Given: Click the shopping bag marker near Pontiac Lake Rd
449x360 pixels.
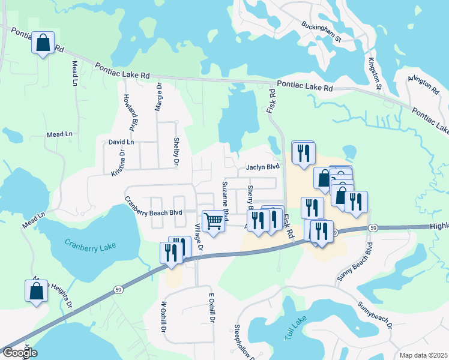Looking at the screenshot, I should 43,43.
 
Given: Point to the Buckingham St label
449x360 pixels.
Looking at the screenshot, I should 321,33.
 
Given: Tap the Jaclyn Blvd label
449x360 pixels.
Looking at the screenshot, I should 263,167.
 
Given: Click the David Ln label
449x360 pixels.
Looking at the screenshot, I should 121,142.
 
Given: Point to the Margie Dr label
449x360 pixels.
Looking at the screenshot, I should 159,97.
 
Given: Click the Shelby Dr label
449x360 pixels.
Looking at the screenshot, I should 176,152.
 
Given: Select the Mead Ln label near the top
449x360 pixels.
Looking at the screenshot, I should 75,72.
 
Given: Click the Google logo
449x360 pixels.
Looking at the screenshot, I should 19,353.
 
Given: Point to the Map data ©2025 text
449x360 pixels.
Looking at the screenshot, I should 423,355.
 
